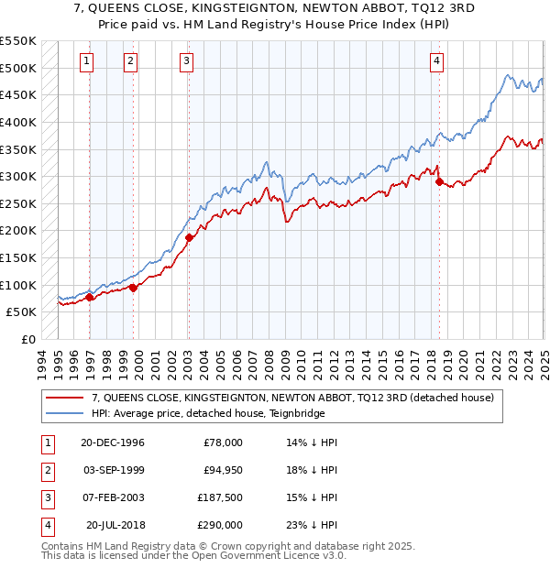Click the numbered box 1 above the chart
86,61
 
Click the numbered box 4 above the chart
437,61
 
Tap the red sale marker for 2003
189,237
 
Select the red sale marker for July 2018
439,181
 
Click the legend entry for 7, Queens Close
292,398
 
